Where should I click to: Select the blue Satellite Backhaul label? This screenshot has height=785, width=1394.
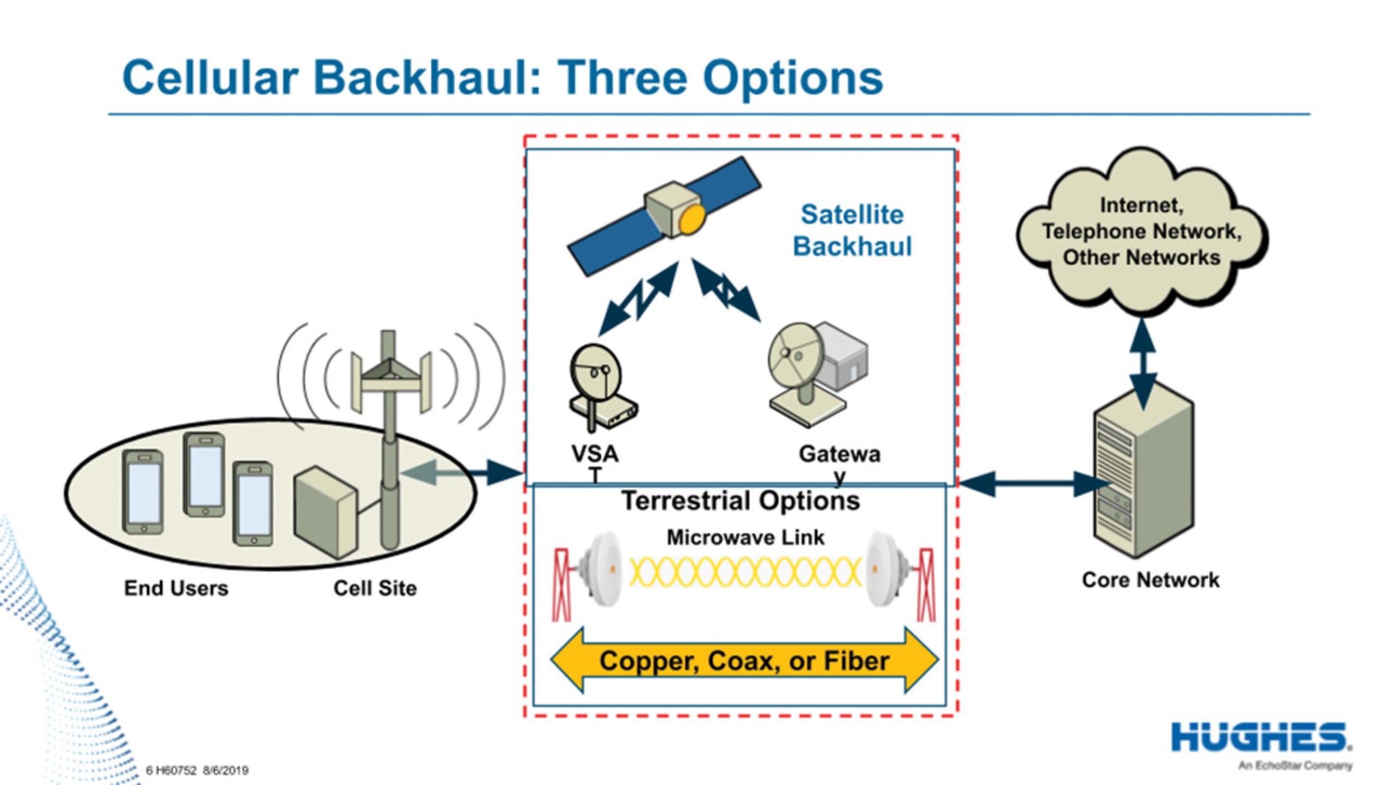click(x=852, y=230)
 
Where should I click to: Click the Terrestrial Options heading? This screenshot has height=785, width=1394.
click(x=741, y=501)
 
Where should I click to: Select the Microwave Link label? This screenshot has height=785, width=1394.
click(x=745, y=538)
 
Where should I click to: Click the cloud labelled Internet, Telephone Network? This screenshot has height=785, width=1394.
click(x=1141, y=232)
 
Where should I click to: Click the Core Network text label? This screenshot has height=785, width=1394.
click(x=1150, y=580)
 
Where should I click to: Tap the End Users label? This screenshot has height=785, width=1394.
click(x=176, y=588)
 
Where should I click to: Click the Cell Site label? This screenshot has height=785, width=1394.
click(x=375, y=588)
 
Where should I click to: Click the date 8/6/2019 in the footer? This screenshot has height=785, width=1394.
click(x=225, y=770)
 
